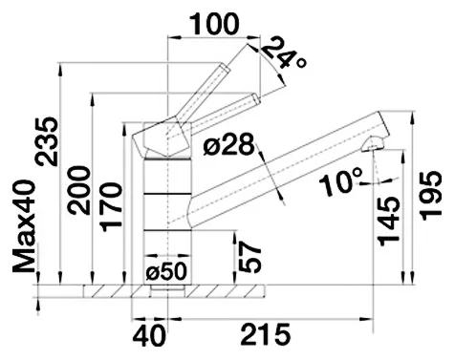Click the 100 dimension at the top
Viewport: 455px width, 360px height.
(x=214, y=24)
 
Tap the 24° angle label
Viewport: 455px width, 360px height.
(x=284, y=53)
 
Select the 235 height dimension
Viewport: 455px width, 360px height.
(x=47, y=141)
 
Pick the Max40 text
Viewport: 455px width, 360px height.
(x=23, y=226)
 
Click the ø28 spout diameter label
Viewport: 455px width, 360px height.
(x=229, y=144)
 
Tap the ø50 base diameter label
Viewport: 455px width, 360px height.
(x=165, y=272)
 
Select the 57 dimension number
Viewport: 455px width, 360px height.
(x=249, y=257)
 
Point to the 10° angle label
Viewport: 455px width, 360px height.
(x=341, y=181)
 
